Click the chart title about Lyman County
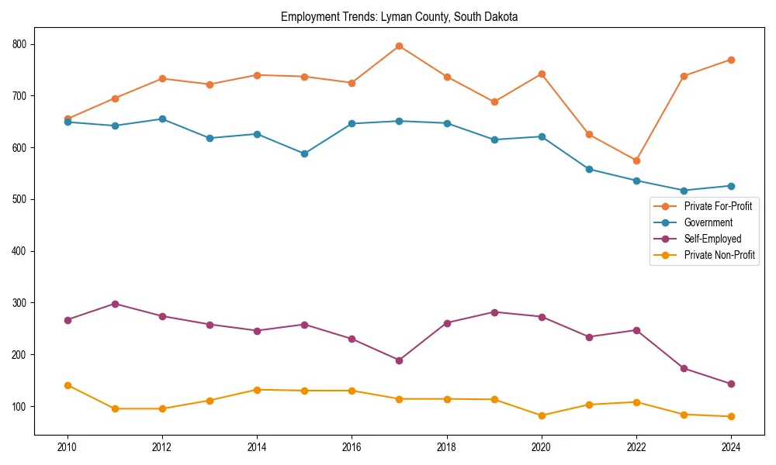(399, 16)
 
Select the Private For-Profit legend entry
(718, 206)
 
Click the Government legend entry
(708, 222)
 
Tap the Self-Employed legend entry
(712, 239)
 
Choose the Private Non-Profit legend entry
(719, 255)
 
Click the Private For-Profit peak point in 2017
(399, 46)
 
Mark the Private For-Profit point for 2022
(636, 160)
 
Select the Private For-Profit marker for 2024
(731, 60)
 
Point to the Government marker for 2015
(304, 153)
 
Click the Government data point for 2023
(684, 191)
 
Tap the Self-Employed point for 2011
(115, 304)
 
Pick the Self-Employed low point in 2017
(399, 360)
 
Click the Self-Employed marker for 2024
(731, 384)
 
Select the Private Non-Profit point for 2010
(68, 385)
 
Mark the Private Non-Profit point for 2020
(542, 415)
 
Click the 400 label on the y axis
(20, 251)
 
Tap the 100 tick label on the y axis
(20, 406)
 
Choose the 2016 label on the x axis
(352, 447)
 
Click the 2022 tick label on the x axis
(636, 447)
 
